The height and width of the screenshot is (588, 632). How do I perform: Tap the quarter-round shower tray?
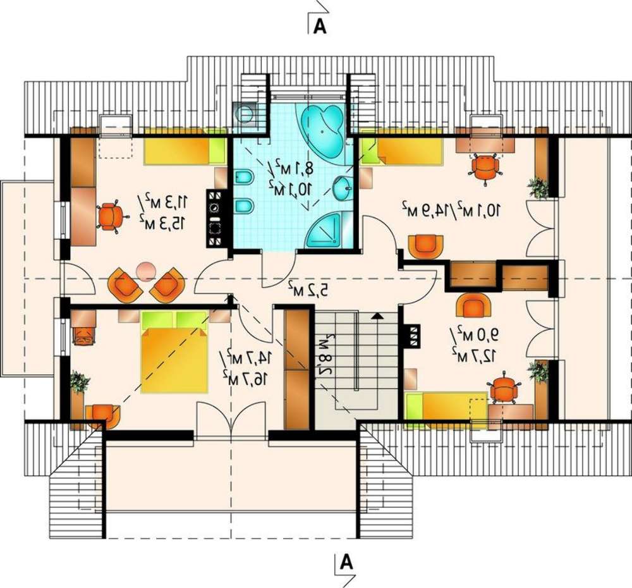point(325,232)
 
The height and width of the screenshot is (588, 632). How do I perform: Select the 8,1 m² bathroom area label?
point(295,168)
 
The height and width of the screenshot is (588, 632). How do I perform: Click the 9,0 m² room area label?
point(473,334)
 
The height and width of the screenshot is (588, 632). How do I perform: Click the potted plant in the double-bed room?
point(79,383)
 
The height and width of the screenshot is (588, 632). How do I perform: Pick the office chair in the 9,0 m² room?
point(502,390)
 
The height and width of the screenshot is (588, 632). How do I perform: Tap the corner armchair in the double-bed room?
point(101,416)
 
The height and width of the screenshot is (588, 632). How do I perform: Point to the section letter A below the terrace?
point(346,562)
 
